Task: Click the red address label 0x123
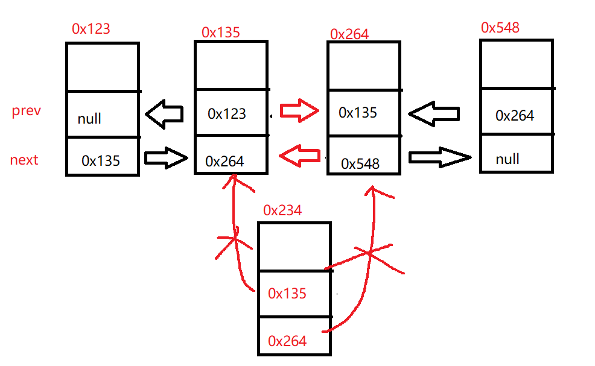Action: point(91,28)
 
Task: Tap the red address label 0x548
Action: point(500,27)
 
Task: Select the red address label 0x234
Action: point(282,210)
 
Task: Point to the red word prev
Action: point(25,112)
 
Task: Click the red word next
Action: point(24,160)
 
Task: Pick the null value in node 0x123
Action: point(89,119)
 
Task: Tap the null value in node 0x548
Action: point(507,160)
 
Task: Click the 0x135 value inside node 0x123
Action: point(101,161)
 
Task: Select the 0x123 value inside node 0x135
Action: point(227,113)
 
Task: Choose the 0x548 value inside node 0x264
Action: point(360,163)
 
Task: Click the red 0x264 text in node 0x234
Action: point(287,341)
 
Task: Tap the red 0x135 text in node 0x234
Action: point(287,294)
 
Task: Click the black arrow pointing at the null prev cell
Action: point(164,114)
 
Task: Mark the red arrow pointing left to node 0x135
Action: point(299,157)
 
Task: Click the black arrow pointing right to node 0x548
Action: point(439,157)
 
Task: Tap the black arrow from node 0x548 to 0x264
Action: point(434,113)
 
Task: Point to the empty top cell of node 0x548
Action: point(516,63)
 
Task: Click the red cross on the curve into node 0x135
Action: point(233,245)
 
